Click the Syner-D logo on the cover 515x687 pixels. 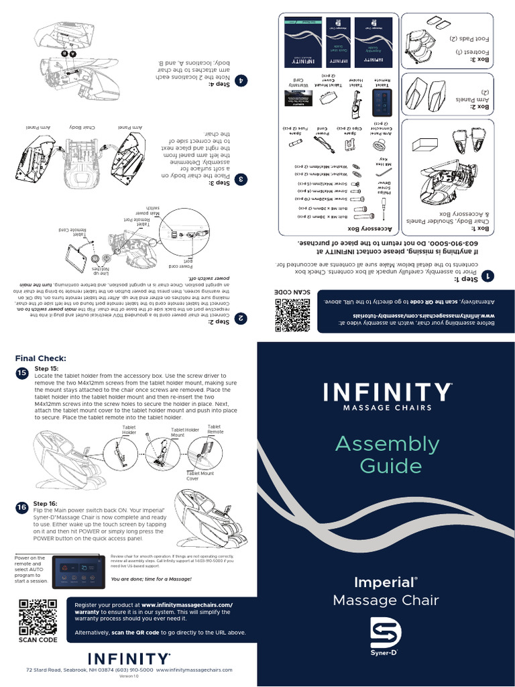click(386, 637)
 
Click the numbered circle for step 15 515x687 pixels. click(21, 372)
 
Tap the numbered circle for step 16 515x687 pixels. click(21, 509)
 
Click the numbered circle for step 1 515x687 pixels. click(491, 276)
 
